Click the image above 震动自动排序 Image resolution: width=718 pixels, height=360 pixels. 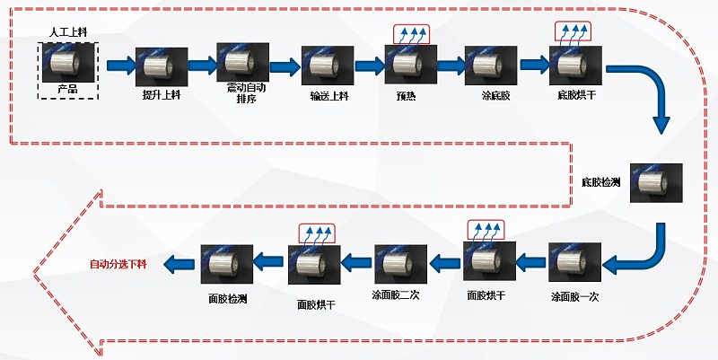coord(243,64)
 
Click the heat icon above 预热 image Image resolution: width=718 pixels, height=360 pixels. coord(411,33)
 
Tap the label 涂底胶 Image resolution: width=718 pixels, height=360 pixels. coord(489,94)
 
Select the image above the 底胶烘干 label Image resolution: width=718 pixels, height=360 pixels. coord(573,65)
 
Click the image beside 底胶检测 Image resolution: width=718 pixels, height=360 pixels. coord(656,183)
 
